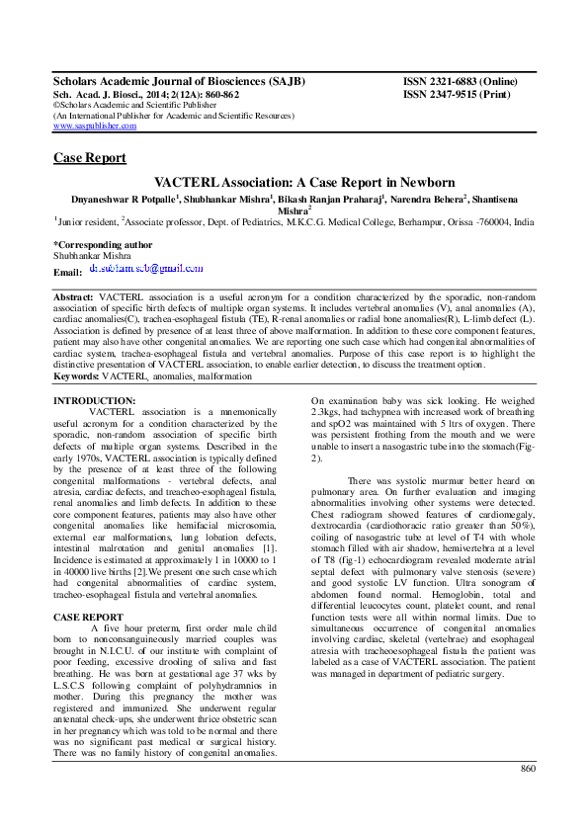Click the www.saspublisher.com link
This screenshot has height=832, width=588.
click(95, 126)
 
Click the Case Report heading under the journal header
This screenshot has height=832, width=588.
click(89, 158)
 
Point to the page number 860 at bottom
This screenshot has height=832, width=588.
click(528, 795)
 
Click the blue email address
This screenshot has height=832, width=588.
click(146, 268)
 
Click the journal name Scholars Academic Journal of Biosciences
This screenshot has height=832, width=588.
click(178, 81)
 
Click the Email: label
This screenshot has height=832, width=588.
click(67, 272)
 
